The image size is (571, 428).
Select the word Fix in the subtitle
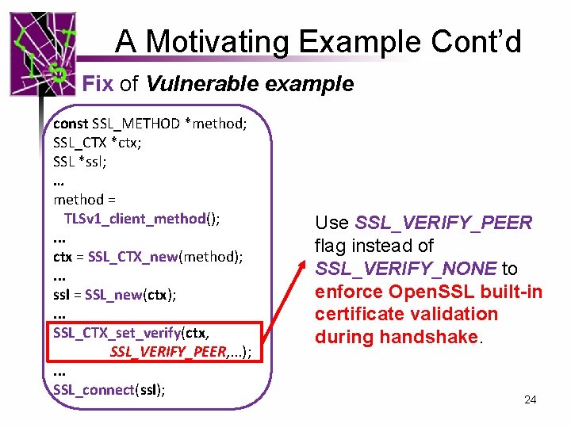(x=98, y=84)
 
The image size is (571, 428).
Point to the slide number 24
(x=530, y=399)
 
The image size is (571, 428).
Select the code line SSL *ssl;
(x=79, y=161)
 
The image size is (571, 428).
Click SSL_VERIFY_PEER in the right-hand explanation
(x=443, y=223)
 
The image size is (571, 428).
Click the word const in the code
(x=71, y=123)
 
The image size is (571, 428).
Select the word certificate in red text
(x=356, y=315)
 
